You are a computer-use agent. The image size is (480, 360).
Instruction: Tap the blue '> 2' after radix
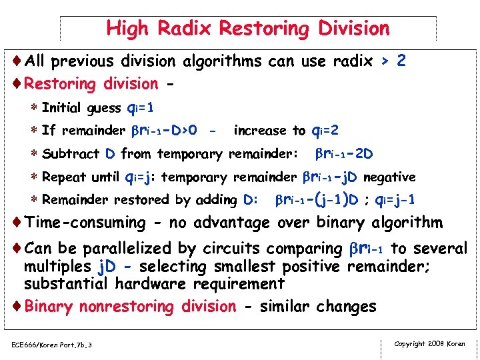pyautogui.click(x=393, y=61)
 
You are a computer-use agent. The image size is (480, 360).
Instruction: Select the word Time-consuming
pyautogui.click(x=85, y=223)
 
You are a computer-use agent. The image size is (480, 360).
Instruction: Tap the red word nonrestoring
pyautogui.click(x=157, y=307)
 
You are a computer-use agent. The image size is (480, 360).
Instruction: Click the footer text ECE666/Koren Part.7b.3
pyautogui.click(x=51, y=345)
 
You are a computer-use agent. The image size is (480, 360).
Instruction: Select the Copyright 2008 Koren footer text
pyautogui.click(x=429, y=344)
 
